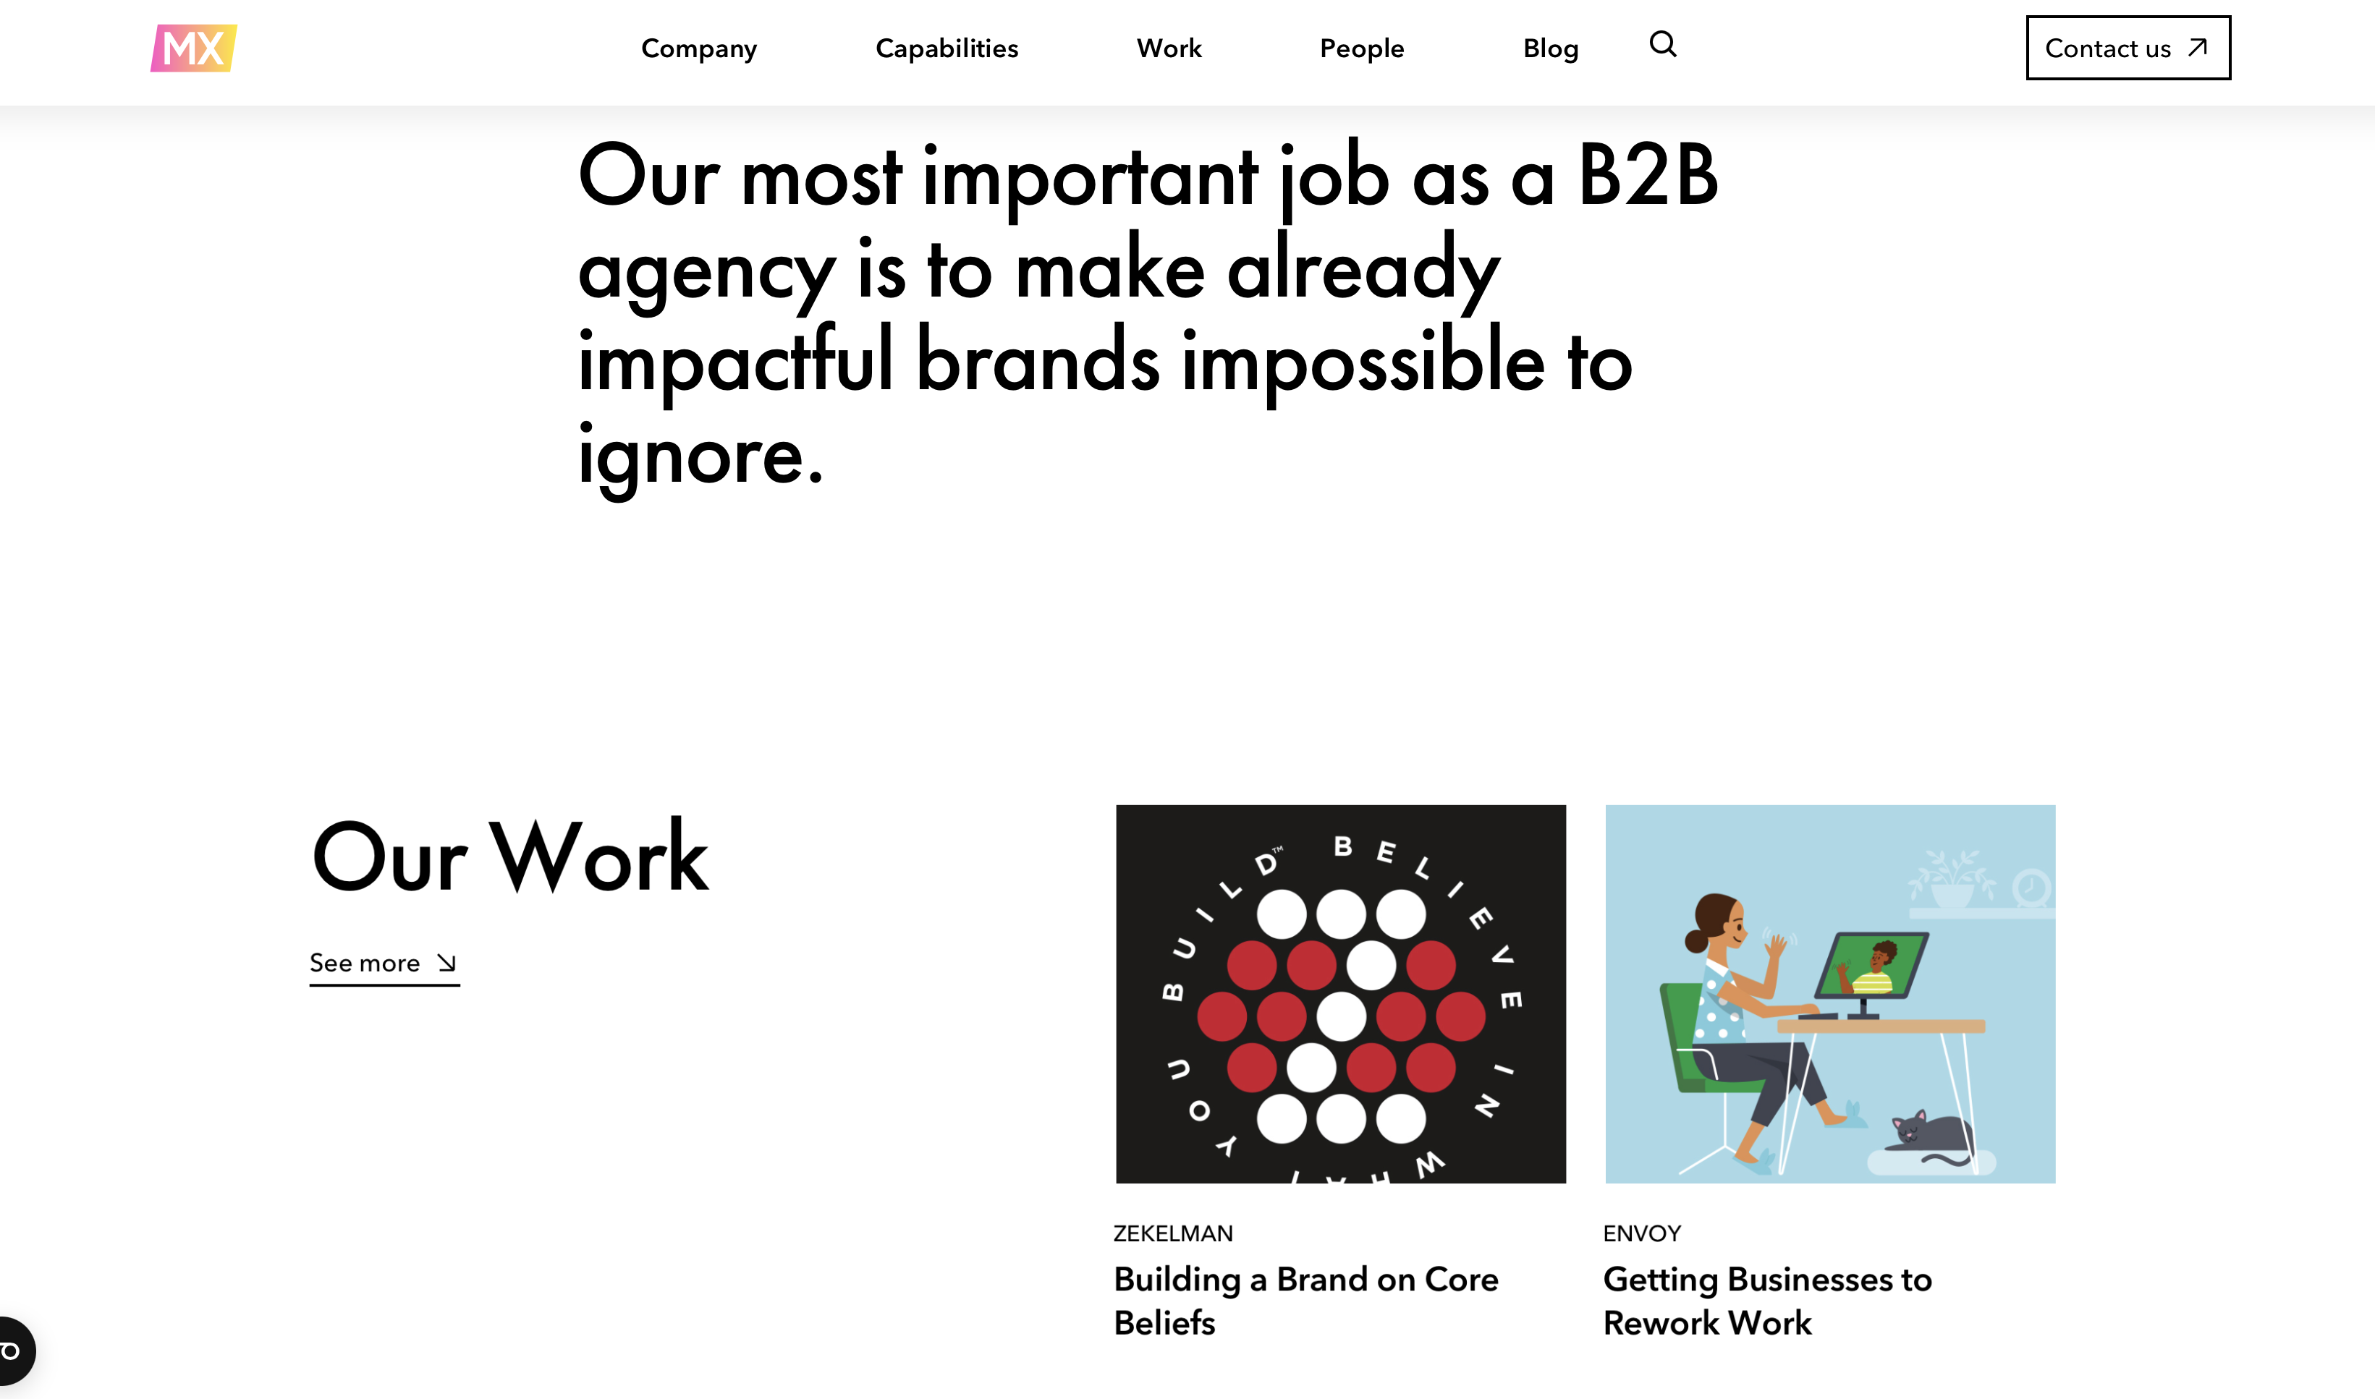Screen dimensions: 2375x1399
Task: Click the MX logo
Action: pyautogui.click(x=193, y=48)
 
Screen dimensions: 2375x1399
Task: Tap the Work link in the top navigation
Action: pyautogui.click(x=1169, y=48)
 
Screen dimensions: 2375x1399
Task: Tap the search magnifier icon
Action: pyautogui.click(x=1663, y=44)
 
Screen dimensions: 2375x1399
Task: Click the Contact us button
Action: pyautogui.click(x=2128, y=48)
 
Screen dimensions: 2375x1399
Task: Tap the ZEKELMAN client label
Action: pyautogui.click(x=1173, y=1233)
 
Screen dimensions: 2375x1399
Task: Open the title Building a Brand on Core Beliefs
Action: pyautogui.click(x=1306, y=1301)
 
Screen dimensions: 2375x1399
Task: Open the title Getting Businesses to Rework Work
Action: pyautogui.click(x=1768, y=1301)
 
